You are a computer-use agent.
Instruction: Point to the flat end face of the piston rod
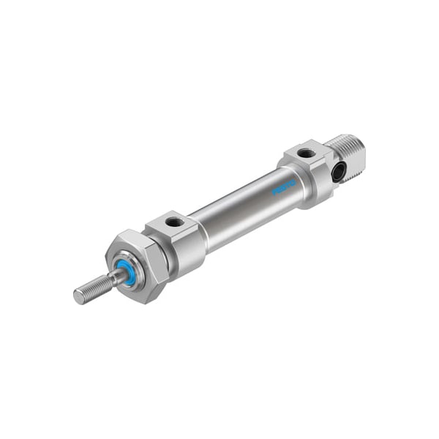(x=78, y=296)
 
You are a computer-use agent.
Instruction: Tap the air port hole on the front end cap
(x=174, y=222)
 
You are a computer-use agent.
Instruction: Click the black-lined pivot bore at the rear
(x=338, y=173)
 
